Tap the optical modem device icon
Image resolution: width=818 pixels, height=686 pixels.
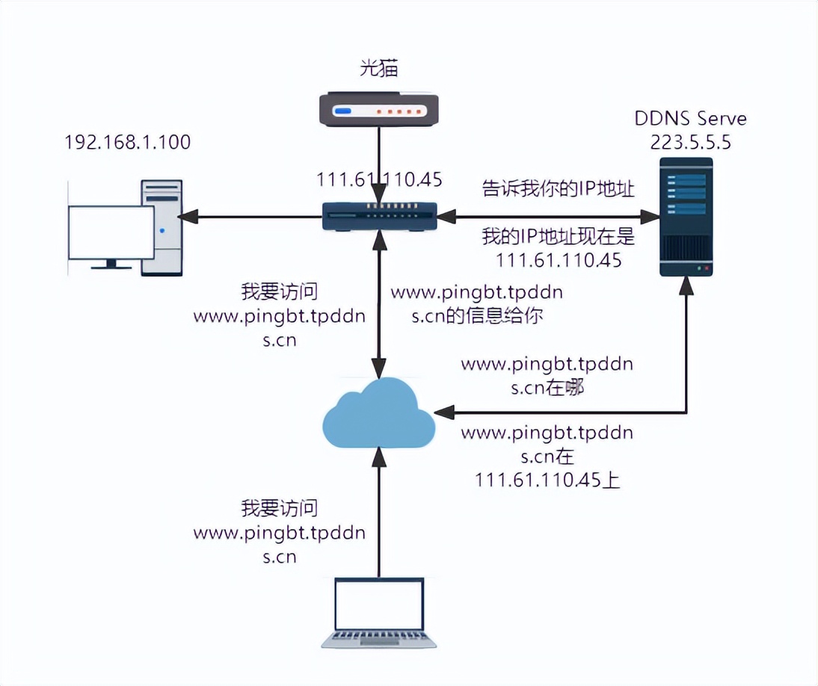[x=379, y=108]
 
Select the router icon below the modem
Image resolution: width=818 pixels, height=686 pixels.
[x=379, y=217]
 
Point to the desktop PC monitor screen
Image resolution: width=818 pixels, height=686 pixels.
[x=111, y=232]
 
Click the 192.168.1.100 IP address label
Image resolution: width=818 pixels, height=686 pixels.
[x=127, y=141]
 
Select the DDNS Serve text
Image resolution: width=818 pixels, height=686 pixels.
[x=690, y=119]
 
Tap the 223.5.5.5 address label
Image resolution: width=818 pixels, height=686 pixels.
[x=691, y=141]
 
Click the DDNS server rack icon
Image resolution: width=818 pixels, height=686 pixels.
[x=686, y=217]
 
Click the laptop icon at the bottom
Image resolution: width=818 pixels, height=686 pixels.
[x=379, y=613]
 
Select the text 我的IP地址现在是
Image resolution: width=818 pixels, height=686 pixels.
[x=558, y=238]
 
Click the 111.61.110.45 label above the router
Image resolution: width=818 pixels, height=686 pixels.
[x=379, y=179]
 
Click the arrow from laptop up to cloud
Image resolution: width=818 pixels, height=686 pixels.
[x=379, y=516]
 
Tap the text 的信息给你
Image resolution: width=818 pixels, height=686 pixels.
[x=493, y=315]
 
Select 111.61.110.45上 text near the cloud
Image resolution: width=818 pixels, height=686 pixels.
[x=547, y=480]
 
